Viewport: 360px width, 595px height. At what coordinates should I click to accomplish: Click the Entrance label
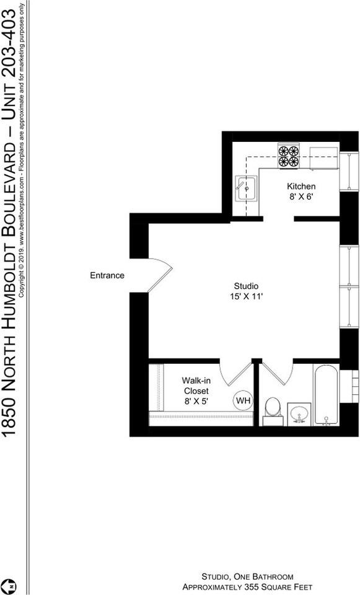pos(107,275)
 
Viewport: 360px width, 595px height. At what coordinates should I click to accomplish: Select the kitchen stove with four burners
pos(288,156)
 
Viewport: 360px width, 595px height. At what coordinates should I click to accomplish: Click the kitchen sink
pos(246,188)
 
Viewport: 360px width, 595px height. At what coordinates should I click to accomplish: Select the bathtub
pos(326,397)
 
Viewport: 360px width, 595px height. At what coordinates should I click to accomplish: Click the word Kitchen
pos(301,187)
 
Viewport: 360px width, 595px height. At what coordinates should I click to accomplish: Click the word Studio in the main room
pos(246,286)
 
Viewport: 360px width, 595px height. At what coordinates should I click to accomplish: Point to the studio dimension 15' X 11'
pos(246,297)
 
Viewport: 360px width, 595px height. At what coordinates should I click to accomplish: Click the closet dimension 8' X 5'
pos(196,401)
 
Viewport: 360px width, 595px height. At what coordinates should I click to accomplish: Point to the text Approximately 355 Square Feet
pos(247,586)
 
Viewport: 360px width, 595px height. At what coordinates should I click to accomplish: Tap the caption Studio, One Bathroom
pos(247,576)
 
